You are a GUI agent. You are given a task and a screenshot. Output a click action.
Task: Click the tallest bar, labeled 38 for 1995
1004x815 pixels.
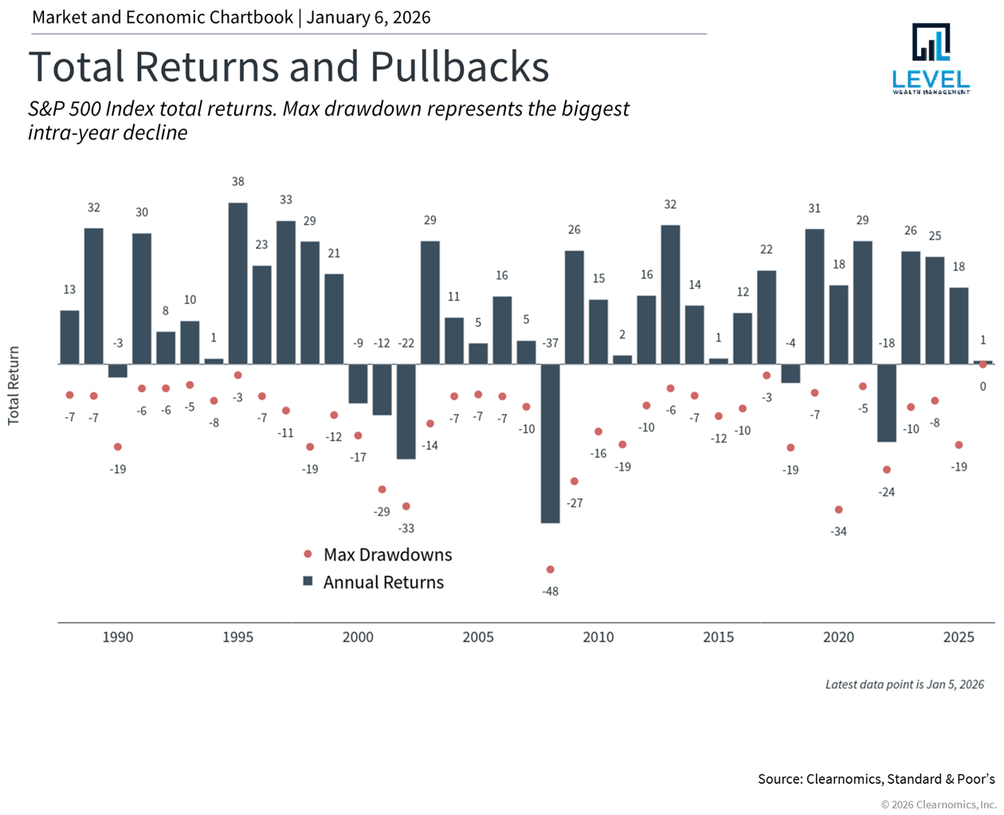tap(237, 283)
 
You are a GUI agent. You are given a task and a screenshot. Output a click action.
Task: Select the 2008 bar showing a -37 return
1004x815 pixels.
tap(550, 443)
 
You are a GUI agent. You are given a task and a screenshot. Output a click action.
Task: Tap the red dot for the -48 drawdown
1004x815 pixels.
tap(550, 569)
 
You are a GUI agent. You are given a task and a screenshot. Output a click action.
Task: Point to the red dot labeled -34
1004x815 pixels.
tap(838, 510)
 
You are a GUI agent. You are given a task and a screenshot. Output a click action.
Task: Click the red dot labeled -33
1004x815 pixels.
tap(406, 506)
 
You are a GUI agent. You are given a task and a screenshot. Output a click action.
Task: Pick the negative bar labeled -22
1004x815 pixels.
tap(406, 411)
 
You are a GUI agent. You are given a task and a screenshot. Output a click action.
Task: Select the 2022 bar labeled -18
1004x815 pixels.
tap(886, 403)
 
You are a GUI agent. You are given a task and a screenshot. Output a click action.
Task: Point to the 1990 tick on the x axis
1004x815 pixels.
tap(118, 637)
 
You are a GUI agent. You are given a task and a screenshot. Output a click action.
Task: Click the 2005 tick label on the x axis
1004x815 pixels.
tap(478, 637)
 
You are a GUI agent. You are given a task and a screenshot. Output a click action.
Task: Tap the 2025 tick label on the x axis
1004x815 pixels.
tap(959, 637)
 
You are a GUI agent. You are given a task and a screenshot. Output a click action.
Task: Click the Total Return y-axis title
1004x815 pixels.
tap(14, 385)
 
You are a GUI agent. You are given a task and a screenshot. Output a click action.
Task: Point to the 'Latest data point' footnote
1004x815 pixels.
tap(904, 684)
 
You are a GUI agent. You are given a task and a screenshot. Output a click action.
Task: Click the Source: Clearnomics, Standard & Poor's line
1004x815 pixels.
tap(876, 778)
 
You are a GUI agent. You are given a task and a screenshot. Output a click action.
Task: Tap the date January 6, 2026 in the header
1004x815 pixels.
tap(368, 18)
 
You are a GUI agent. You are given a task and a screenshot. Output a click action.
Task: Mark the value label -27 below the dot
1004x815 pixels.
tap(575, 503)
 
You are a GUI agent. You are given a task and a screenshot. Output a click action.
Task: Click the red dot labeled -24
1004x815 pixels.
tap(886, 470)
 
